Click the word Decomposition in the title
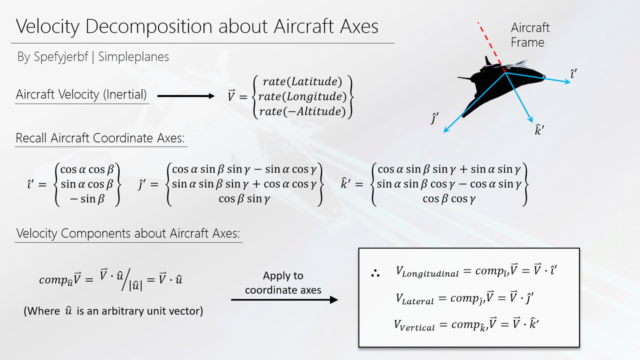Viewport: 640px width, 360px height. coord(148,27)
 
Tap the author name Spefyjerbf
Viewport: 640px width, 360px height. coord(61,57)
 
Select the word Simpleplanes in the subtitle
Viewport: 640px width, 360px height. coord(133,57)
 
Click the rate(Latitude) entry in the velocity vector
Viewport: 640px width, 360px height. coord(302,81)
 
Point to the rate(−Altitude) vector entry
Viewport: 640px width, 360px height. coord(302,111)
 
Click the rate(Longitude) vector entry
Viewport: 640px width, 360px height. coord(302,96)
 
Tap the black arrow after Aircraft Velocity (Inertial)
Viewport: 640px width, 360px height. coord(185,96)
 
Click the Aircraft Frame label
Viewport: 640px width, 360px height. coord(530,35)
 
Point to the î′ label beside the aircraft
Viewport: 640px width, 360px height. coord(573,73)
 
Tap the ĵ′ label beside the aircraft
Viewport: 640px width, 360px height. coord(434,118)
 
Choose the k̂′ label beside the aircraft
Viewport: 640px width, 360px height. coord(539,129)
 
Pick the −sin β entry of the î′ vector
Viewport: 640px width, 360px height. coord(87,199)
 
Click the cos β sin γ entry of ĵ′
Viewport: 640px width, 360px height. coord(244,199)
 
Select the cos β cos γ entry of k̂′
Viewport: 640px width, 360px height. coord(449,199)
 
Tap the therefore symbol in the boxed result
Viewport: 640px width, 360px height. coord(375,273)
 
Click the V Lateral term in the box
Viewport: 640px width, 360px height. coord(414,299)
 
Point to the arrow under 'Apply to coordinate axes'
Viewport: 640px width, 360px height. coord(284,299)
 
